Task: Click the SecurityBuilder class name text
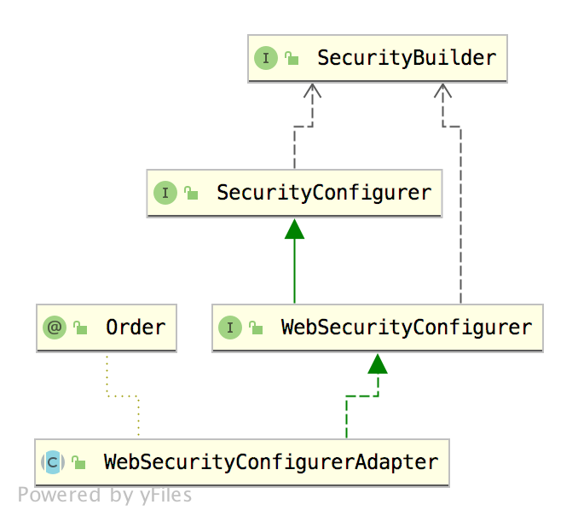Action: (x=406, y=59)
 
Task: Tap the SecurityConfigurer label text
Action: (x=323, y=193)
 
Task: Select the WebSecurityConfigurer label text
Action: (x=406, y=328)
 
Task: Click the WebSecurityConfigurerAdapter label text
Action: (x=270, y=462)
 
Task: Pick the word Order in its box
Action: (x=136, y=328)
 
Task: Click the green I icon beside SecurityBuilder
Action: (x=266, y=59)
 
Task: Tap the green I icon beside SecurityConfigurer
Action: (x=165, y=193)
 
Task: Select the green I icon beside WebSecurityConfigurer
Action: (x=230, y=328)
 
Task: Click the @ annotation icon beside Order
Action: (x=55, y=328)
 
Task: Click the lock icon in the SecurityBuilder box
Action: (x=292, y=59)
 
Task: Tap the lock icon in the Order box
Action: (x=80, y=328)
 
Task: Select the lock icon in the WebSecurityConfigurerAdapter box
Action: (x=78, y=463)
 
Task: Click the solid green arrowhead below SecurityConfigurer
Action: (x=295, y=228)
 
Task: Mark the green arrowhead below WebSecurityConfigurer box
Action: (x=378, y=364)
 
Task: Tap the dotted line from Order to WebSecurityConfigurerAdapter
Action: (x=122, y=396)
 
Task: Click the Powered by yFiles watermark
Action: (x=105, y=495)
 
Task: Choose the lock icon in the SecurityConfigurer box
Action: (x=191, y=194)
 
